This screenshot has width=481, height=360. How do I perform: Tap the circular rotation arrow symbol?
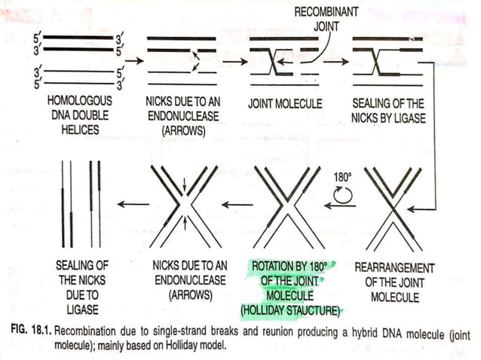click(341, 198)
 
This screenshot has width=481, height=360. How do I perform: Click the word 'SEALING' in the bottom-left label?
click(79, 267)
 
